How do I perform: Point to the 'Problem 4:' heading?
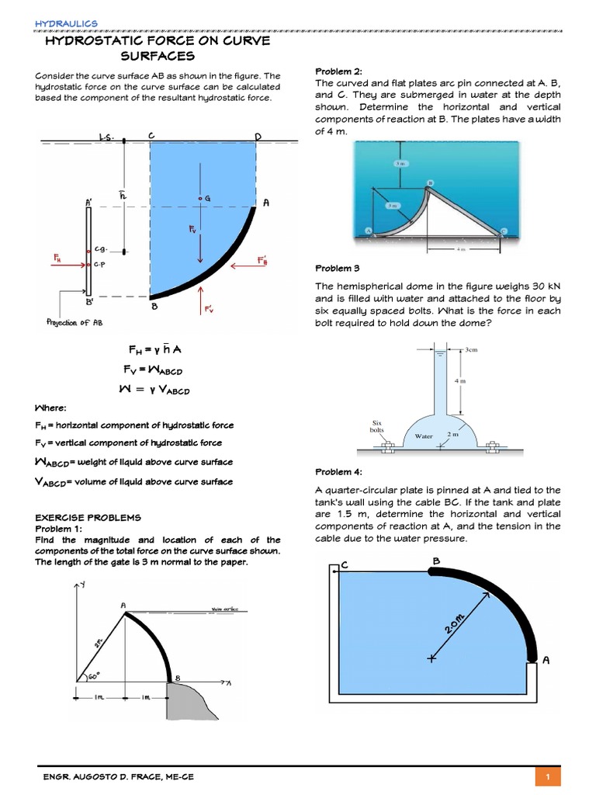338,472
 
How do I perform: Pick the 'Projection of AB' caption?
74,323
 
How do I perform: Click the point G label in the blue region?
207,200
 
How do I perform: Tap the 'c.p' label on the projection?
100,264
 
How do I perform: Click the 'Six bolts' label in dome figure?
377,425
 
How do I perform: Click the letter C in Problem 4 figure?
344,566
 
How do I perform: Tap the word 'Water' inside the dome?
424,436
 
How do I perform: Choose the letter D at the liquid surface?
258,137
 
